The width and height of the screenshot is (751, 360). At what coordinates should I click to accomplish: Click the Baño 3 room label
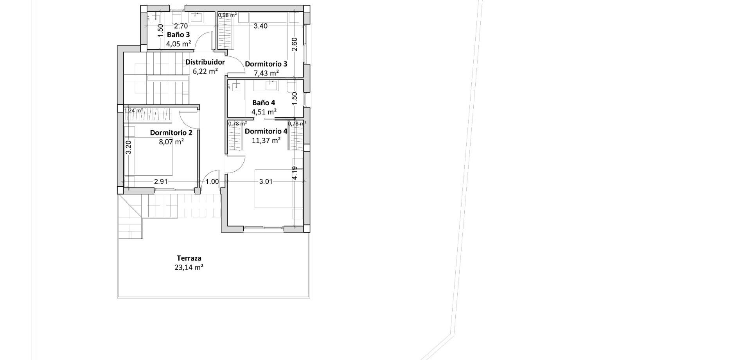tap(178, 35)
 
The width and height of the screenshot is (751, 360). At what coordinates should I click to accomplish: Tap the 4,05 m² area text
tap(178, 44)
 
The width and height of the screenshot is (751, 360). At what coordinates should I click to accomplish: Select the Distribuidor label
tap(205, 62)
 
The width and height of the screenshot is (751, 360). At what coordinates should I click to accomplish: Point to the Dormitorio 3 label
tap(266, 64)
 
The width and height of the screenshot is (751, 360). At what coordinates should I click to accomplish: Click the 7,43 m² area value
tap(266, 73)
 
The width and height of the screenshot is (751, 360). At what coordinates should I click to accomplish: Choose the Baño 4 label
tap(263, 103)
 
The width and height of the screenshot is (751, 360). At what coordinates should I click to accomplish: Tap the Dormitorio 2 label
tap(171, 133)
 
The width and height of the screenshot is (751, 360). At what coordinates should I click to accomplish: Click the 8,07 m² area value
tap(171, 142)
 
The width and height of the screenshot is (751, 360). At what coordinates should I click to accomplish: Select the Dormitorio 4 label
tap(266, 131)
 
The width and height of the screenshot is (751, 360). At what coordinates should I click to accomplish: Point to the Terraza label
tap(189, 258)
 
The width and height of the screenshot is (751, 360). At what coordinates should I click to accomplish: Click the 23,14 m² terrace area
tap(189, 268)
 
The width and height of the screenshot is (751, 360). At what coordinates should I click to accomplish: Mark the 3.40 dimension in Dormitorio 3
tap(261, 26)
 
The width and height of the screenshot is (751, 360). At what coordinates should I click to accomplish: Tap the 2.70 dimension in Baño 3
tap(181, 26)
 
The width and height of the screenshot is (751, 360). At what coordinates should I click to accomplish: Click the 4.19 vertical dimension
tap(295, 173)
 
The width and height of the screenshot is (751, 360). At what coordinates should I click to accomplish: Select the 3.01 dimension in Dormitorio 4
tap(266, 182)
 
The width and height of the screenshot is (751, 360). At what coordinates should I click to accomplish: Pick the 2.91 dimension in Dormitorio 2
tap(161, 182)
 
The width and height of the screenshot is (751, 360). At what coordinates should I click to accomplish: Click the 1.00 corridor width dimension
tap(212, 182)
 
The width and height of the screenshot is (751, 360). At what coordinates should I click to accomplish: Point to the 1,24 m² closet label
tap(133, 111)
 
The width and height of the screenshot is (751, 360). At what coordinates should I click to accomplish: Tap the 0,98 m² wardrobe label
tap(227, 15)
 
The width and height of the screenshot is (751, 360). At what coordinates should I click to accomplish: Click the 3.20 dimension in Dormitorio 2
tap(129, 147)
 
